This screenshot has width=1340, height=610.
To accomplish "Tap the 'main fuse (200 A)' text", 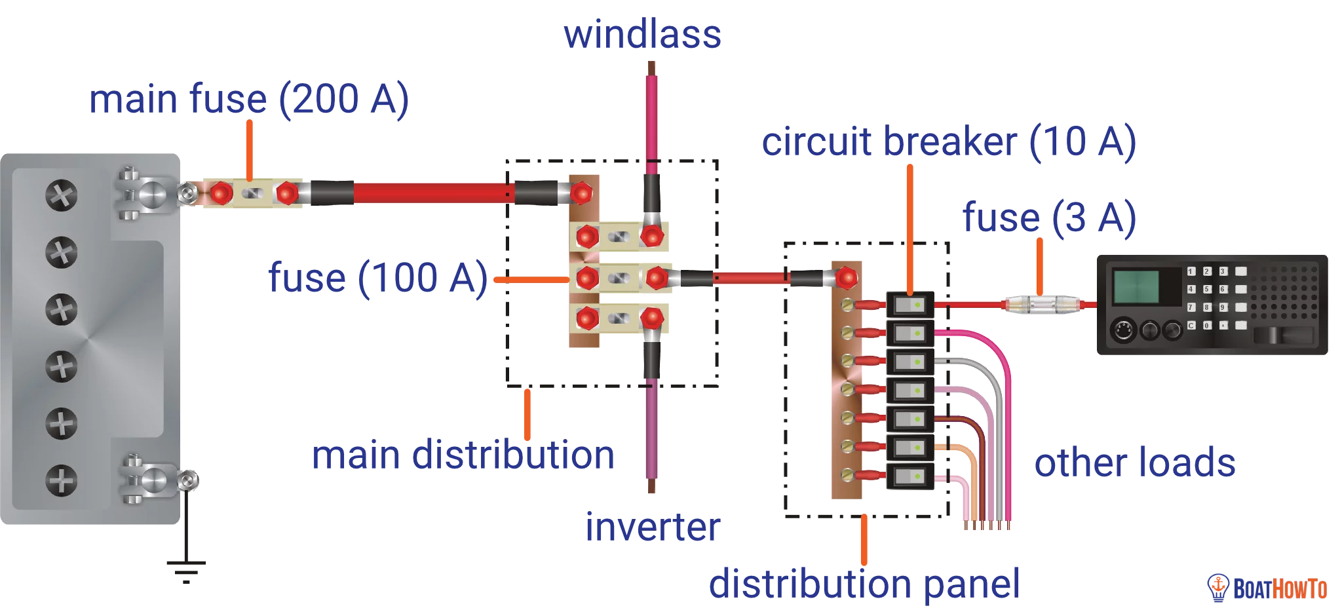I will [249, 99].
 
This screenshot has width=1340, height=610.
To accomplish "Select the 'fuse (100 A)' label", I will [378, 277].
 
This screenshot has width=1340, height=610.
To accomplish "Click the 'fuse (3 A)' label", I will [1048, 218].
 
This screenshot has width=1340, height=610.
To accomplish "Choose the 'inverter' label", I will [653, 527].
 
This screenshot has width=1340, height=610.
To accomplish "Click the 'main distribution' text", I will [463, 455].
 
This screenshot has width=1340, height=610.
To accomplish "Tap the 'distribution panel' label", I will [864, 584].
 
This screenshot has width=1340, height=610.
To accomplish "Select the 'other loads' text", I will [1135, 463].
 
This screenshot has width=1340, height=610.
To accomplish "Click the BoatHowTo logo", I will [1267, 588].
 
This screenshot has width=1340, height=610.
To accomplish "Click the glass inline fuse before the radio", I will [1042, 305].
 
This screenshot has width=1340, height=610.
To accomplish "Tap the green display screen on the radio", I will [1136, 286].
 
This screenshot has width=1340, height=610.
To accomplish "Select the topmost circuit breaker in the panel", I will [910, 305].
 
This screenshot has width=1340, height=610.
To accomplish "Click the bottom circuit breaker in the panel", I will [910, 476].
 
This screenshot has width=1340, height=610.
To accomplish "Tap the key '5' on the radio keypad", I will [1207, 289].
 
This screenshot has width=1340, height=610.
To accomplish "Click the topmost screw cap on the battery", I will [62, 195].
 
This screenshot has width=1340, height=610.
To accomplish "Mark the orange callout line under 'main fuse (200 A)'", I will [249, 149].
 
